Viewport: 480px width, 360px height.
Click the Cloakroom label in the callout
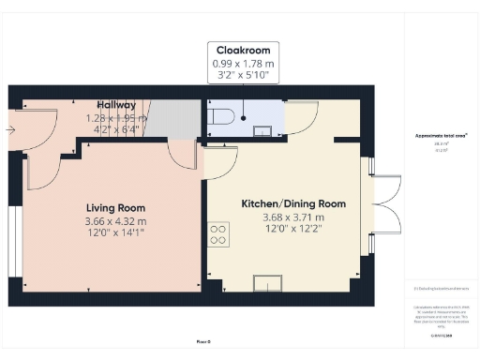[x=243, y=49]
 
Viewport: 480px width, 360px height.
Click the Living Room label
[x=115, y=207]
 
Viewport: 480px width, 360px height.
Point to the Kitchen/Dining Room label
[x=293, y=203]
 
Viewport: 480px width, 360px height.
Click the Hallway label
[x=116, y=105]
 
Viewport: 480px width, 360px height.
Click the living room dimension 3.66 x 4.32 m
[x=116, y=221]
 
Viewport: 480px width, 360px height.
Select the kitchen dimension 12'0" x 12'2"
[x=293, y=230]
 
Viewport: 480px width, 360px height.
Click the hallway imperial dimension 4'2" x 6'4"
[x=116, y=131]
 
